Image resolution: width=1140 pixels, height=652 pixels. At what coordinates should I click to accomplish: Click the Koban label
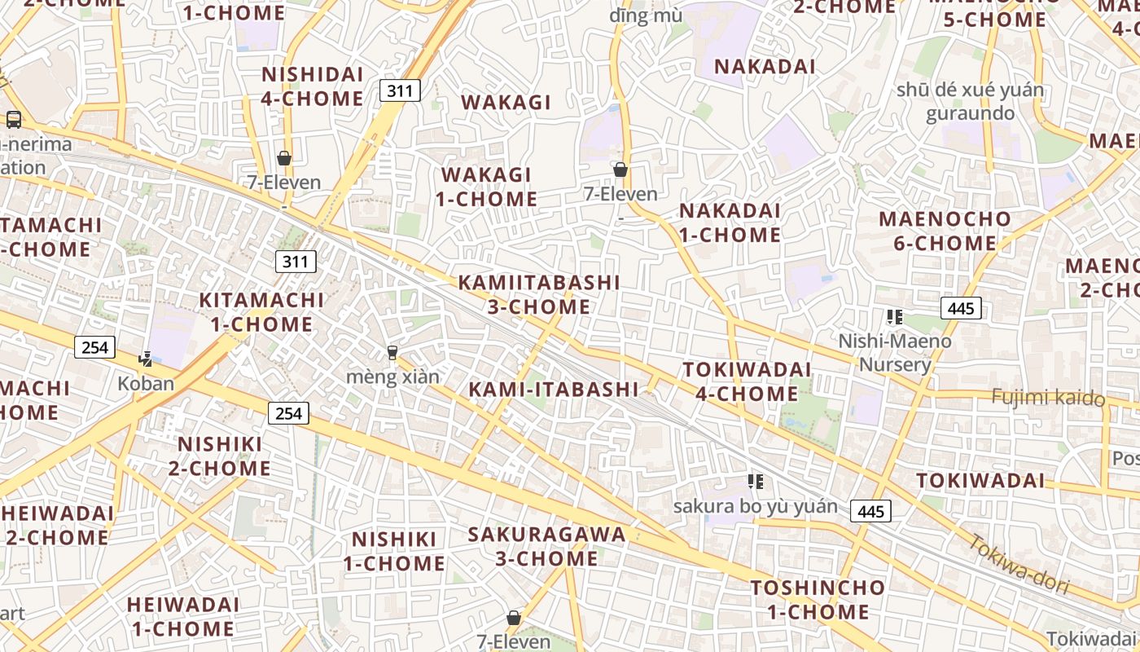click(146, 383)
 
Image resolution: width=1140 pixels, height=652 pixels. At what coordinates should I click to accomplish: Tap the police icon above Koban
click(146, 358)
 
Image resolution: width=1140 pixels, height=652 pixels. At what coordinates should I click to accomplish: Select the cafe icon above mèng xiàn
click(392, 353)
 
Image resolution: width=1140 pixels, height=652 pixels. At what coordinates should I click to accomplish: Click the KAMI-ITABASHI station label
click(553, 390)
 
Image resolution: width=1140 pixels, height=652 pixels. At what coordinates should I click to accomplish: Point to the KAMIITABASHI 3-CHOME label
click(539, 295)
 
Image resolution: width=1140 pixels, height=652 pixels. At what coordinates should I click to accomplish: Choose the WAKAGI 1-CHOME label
click(486, 187)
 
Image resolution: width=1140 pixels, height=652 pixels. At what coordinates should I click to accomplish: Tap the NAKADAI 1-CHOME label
click(730, 222)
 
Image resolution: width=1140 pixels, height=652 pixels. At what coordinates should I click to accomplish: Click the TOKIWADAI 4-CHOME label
click(747, 381)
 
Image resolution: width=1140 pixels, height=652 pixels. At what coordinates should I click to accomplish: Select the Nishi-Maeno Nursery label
click(895, 352)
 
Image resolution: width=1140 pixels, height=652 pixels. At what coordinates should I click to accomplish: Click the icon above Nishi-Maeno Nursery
click(895, 317)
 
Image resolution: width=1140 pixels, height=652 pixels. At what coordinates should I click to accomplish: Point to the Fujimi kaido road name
click(1049, 398)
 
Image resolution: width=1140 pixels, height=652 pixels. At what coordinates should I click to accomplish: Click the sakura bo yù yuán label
click(755, 506)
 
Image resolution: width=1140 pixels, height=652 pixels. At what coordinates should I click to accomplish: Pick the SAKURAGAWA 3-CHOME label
click(547, 547)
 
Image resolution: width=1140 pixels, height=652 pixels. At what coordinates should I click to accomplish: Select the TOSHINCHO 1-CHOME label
click(818, 600)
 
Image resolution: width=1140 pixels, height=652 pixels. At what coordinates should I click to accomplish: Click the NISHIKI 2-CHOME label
click(220, 456)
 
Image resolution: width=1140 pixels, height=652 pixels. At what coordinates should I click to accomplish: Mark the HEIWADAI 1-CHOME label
click(183, 617)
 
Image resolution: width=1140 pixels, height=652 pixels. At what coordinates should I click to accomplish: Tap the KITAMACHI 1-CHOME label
click(261, 312)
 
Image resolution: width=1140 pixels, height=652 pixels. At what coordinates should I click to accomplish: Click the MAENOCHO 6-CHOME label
click(945, 231)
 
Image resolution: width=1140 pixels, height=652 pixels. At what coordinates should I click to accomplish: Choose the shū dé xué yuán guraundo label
click(970, 101)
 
